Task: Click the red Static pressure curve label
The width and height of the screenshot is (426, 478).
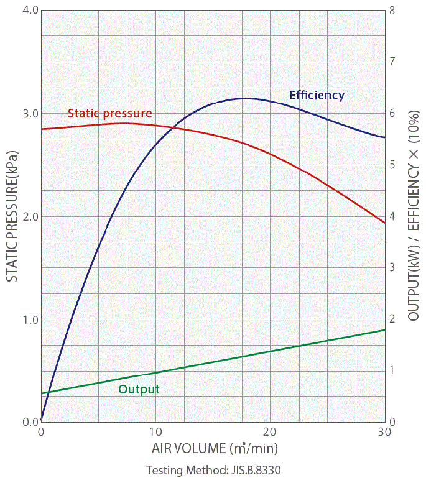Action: pos(109,113)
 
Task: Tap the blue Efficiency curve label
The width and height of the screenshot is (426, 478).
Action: pos(317,95)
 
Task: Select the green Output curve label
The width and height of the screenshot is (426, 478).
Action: pos(139,389)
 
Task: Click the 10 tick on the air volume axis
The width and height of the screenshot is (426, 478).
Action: pos(155,431)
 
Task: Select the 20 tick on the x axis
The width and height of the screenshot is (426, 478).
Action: pos(270,431)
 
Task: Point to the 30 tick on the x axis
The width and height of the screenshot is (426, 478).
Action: pos(384,431)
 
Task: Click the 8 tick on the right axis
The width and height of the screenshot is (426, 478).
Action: pos(392,11)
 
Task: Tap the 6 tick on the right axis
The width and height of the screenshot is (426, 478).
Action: pos(392,114)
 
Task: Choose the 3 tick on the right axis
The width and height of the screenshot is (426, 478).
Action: pos(392,267)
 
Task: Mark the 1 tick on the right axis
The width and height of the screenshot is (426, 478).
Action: pos(392,370)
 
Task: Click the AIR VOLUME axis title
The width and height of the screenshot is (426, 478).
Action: pos(214,448)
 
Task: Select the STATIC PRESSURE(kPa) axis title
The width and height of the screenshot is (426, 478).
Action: pos(12,216)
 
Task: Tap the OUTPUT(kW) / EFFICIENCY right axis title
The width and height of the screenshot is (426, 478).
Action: pos(413,216)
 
